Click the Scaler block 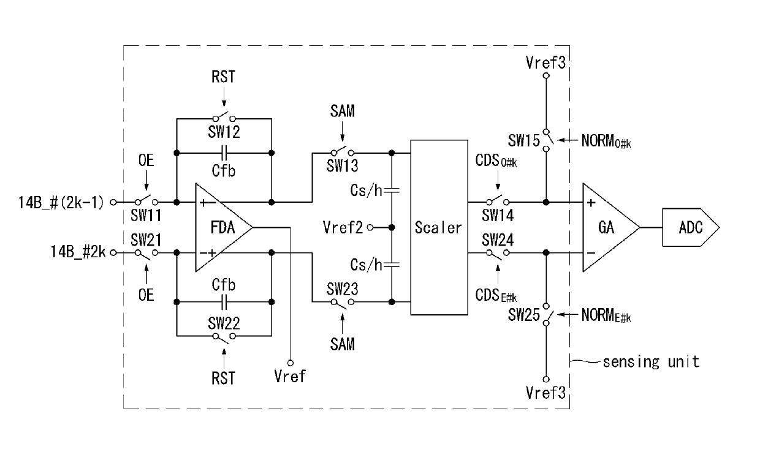[439, 227]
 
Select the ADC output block [691, 227]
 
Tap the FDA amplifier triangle [224, 227]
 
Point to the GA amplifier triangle [611, 227]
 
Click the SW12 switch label [224, 132]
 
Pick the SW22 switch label [224, 323]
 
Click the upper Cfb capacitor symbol [224, 153]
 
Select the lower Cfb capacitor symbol [224, 302]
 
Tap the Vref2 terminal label [343, 227]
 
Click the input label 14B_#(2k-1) [61, 203]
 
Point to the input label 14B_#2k [78, 252]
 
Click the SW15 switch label [523, 140]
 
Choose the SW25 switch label [523, 315]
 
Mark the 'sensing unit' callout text [651, 362]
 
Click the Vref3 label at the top [545, 62]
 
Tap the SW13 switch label [343, 166]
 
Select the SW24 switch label [498, 240]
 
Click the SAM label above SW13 [343, 111]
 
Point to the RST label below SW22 [223, 378]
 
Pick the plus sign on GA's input [591, 203]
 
